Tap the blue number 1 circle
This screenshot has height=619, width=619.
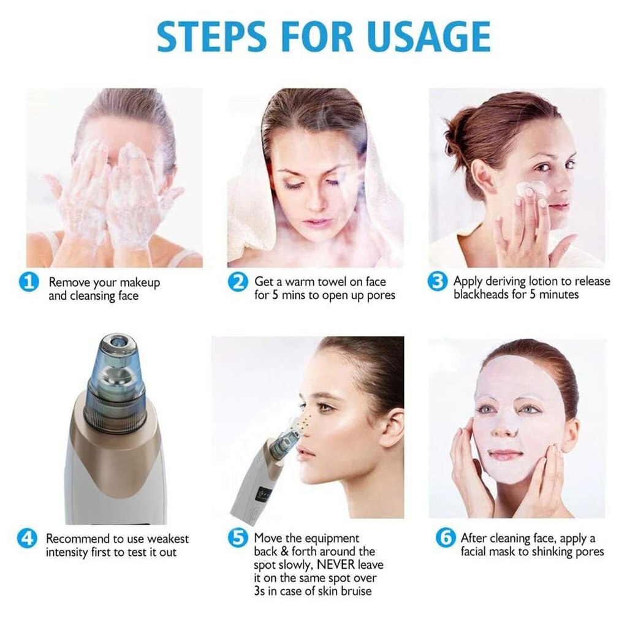pyautogui.click(x=28, y=282)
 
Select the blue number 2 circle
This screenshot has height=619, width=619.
pyautogui.click(x=238, y=282)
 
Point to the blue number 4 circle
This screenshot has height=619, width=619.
pyautogui.click(x=27, y=539)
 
